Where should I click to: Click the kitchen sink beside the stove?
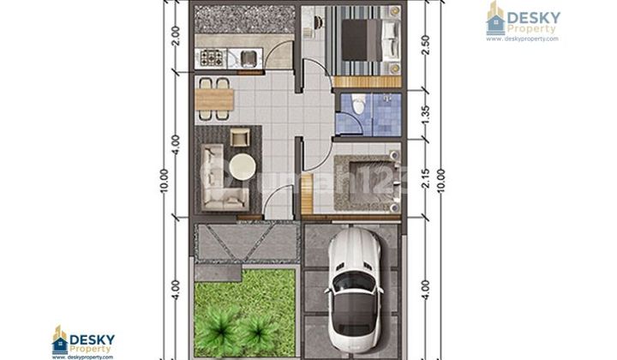(x=246, y=58)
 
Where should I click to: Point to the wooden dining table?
(x=214, y=100)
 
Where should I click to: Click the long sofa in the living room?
(x=213, y=176)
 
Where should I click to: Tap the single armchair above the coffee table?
(x=239, y=136)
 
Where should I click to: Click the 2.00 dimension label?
(x=175, y=36)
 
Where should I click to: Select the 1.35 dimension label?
(x=425, y=114)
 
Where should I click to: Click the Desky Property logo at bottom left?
(x=83, y=342)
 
